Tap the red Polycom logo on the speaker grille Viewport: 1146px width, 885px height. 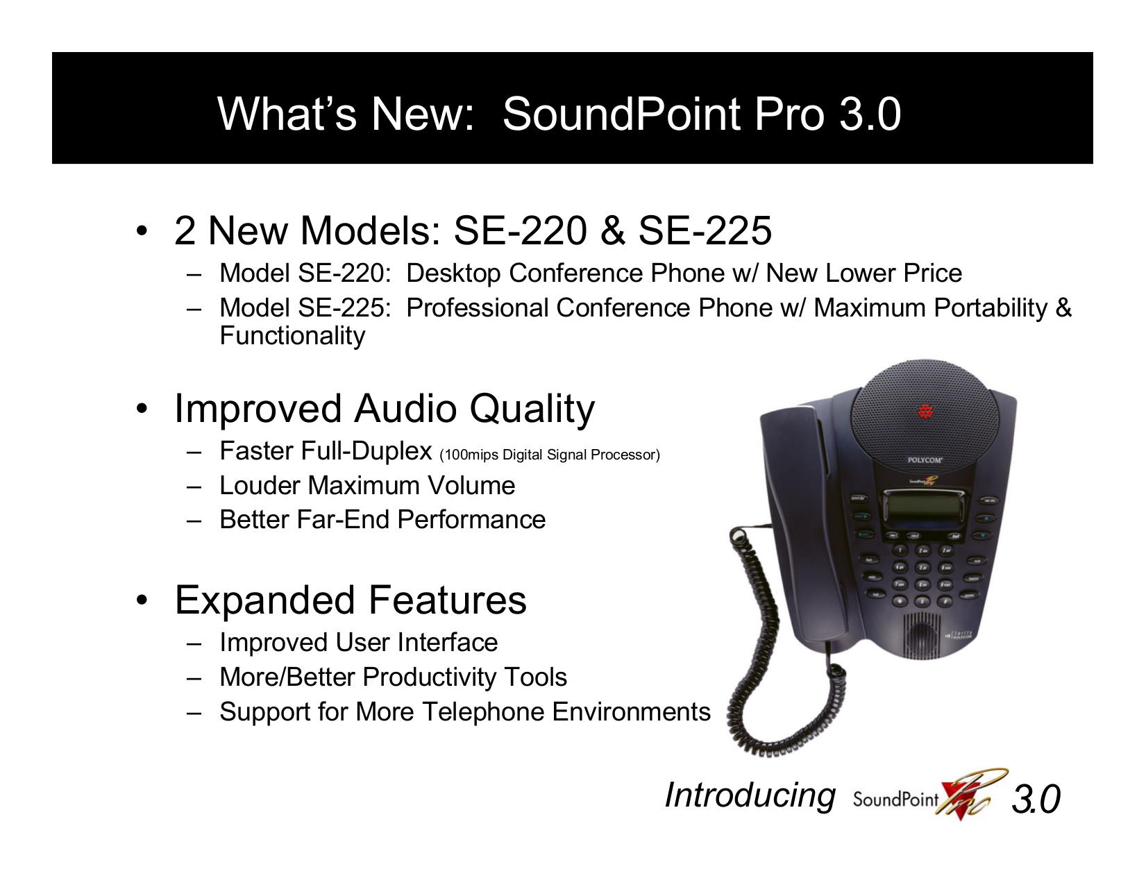pos(925,412)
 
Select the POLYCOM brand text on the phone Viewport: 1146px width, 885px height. pos(925,460)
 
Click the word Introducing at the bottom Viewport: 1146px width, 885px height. pos(750,795)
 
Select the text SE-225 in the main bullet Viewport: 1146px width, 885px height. pos(705,230)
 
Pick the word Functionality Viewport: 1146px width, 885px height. pos(292,336)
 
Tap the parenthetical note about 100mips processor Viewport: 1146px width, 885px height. pos(550,455)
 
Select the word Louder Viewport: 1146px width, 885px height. pos(260,485)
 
